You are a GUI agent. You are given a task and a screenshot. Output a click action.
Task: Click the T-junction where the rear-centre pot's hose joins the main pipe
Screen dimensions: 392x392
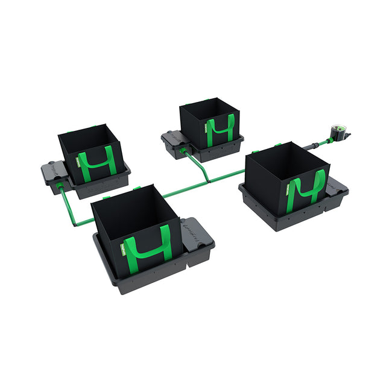coord(207,180)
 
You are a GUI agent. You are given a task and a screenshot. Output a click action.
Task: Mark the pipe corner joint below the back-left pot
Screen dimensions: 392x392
coord(72,224)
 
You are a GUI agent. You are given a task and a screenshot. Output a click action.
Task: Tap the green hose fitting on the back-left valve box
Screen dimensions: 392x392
coord(60,189)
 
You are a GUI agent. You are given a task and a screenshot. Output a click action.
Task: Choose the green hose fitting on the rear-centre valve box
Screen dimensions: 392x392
coord(184,150)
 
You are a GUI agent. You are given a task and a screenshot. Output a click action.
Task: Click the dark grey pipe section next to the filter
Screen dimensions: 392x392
coord(313,145)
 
